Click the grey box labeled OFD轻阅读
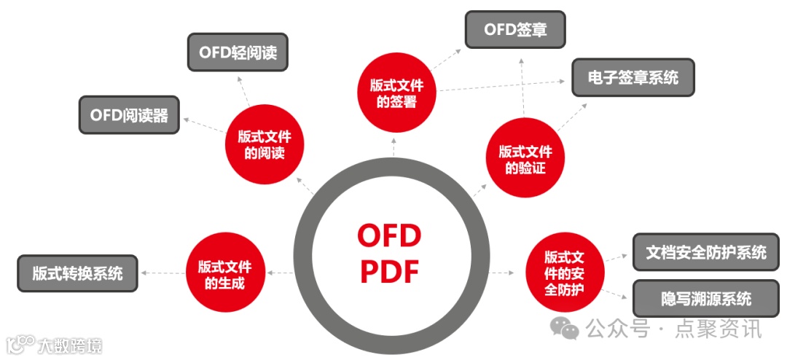pyautogui.click(x=238, y=52)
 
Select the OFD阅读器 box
pyautogui.click(x=129, y=115)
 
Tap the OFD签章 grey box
pyautogui.click(x=515, y=30)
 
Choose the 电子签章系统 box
pyautogui.click(x=633, y=77)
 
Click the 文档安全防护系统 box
pyautogui.click(x=706, y=252)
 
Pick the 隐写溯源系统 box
pyautogui.click(x=706, y=298)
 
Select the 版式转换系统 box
pyautogui.click(x=77, y=273)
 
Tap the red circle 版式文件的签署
pyautogui.click(x=396, y=93)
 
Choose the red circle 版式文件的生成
pyautogui.click(x=225, y=274)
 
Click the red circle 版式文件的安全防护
pyautogui.click(x=565, y=274)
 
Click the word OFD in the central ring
pyautogui.click(x=389, y=236)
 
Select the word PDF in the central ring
pyautogui.click(x=391, y=272)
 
